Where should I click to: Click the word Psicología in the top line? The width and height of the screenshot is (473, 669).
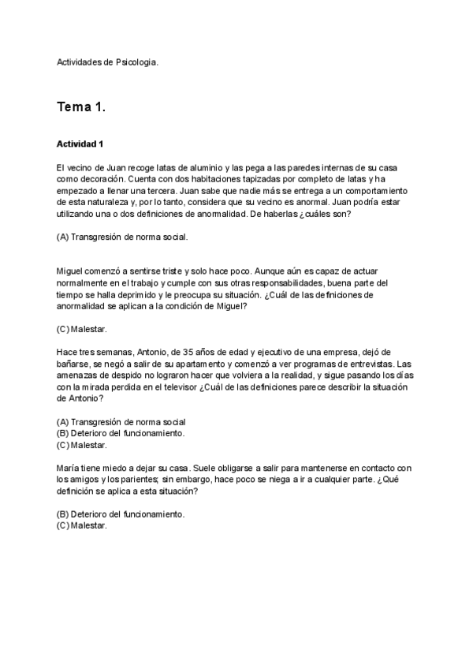tap(137, 62)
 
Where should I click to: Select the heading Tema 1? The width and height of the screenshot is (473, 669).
tap(80, 107)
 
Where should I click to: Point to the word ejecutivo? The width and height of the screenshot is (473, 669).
tap(265, 352)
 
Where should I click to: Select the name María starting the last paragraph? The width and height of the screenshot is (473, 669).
tap(70, 468)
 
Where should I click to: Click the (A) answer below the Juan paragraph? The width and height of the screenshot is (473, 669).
tap(122, 237)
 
